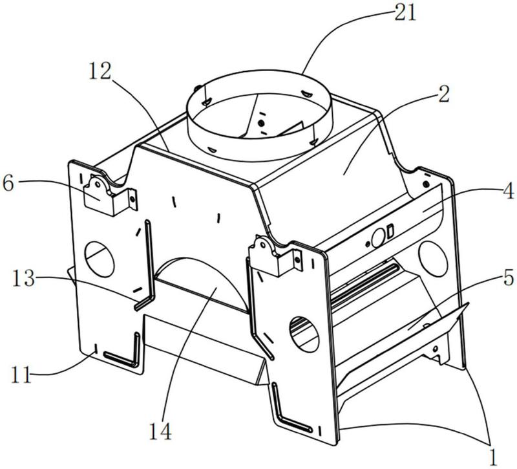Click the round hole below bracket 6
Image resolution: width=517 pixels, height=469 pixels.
pyautogui.click(x=100, y=254)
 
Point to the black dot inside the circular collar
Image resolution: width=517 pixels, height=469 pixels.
pyautogui.click(x=261, y=123)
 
